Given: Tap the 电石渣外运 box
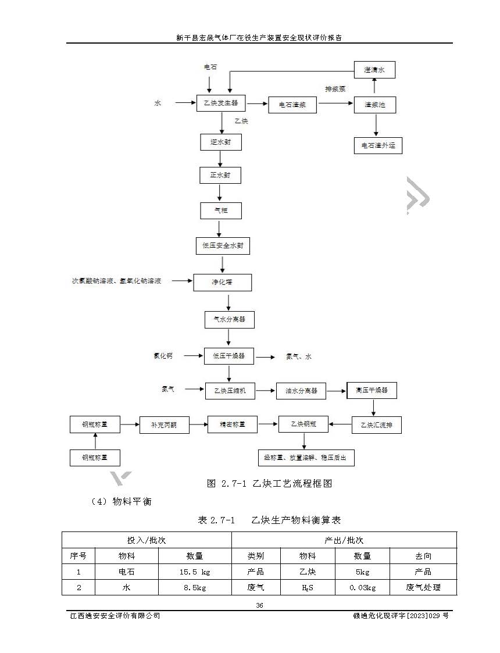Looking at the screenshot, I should tap(378, 145).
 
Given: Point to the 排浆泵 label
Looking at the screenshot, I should tap(335, 90).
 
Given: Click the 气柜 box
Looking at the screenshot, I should tap(220, 210).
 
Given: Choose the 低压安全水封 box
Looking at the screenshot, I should tap(223, 246).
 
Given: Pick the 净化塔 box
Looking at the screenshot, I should tap(223, 283).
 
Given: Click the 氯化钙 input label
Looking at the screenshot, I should tap(163, 356).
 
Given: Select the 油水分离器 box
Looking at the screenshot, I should tap(301, 391).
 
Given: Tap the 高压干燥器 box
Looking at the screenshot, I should tap(372, 390).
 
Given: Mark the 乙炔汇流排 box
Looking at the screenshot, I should tap(377, 425).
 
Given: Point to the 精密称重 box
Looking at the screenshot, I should tap(233, 424).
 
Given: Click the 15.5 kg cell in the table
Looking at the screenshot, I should tap(195, 572).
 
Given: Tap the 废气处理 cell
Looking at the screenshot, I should tap(423, 587).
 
